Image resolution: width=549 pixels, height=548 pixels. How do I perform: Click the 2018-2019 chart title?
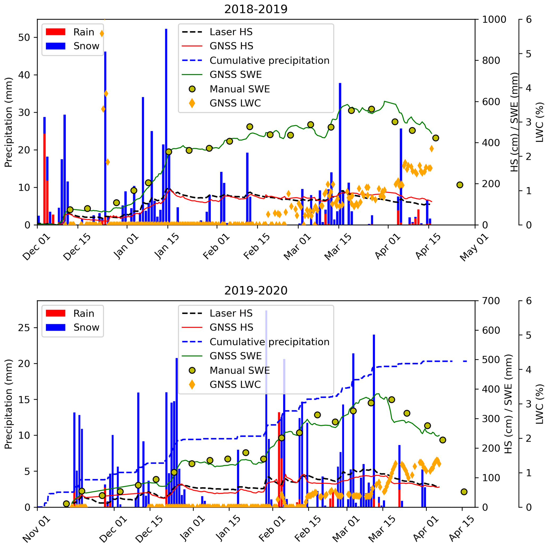coord(256,9)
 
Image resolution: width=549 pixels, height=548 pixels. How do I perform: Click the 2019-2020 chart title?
coord(256,291)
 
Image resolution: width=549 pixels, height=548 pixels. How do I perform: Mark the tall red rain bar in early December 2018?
coord(44,179)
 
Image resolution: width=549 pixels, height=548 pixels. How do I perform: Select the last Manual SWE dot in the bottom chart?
coord(464,492)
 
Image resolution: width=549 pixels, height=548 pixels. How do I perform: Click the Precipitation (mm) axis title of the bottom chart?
coord(8,404)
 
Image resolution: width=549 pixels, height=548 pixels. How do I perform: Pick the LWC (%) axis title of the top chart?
coord(539,122)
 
